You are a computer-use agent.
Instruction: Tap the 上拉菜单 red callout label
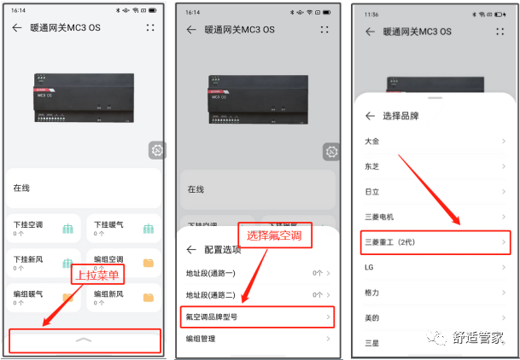96,275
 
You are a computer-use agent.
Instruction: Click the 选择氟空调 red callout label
278,235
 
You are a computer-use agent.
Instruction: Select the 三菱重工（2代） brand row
423,242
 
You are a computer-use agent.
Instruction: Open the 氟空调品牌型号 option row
256,316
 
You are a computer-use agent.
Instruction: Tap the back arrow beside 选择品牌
370,116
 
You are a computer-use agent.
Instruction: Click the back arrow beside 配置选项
191,250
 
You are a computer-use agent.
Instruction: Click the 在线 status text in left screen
21,188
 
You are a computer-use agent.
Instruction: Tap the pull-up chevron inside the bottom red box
83,340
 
